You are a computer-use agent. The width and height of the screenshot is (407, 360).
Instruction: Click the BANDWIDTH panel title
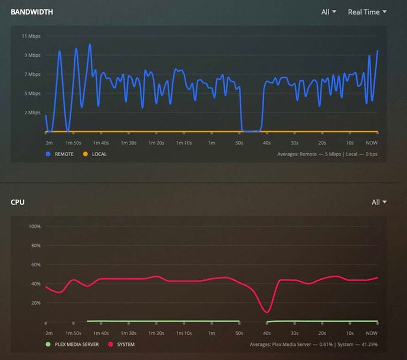32,12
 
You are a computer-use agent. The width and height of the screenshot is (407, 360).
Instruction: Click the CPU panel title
18,202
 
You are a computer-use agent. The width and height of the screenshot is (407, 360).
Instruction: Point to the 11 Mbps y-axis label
31,37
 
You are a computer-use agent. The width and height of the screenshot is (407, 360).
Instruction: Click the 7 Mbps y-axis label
32,74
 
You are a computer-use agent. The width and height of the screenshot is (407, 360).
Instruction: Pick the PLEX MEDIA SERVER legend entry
73,344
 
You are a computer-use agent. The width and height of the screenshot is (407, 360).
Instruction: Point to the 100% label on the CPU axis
34,226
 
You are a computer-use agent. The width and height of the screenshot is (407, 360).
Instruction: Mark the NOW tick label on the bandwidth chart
372,143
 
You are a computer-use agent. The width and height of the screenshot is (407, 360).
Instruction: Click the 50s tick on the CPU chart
239,333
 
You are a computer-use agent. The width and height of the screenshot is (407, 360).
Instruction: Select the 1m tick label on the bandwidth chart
211,143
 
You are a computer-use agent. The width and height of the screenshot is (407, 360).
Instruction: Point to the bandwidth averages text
327,154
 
